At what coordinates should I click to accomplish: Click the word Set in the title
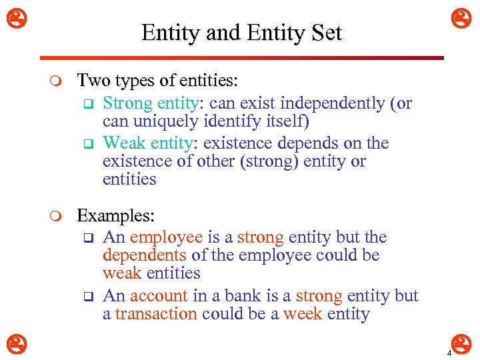[326, 33]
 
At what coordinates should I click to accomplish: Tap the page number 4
[449, 353]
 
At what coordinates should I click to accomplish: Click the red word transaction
[156, 313]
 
